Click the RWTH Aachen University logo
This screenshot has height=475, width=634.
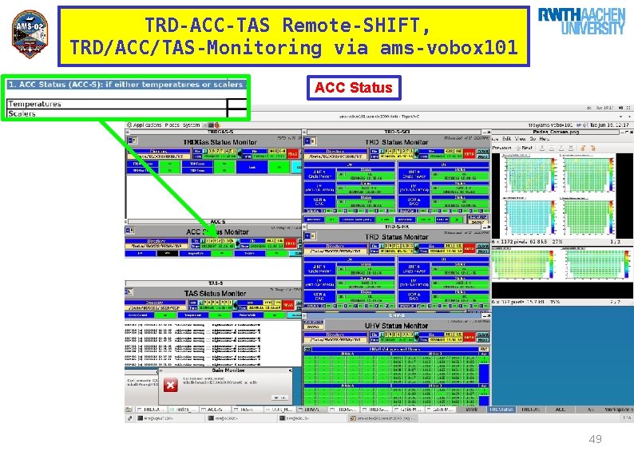[581, 22]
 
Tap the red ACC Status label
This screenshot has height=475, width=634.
[354, 87]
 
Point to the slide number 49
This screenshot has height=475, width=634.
[594, 439]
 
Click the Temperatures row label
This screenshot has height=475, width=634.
[34, 104]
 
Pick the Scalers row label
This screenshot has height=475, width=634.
[22, 113]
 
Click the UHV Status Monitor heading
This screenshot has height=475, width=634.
[396, 326]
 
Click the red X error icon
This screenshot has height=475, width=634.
[169, 386]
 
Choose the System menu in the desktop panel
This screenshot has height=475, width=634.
[192, 125]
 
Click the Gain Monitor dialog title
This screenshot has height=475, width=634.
[201, 370]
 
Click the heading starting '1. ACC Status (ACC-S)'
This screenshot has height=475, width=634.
[125, 84]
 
